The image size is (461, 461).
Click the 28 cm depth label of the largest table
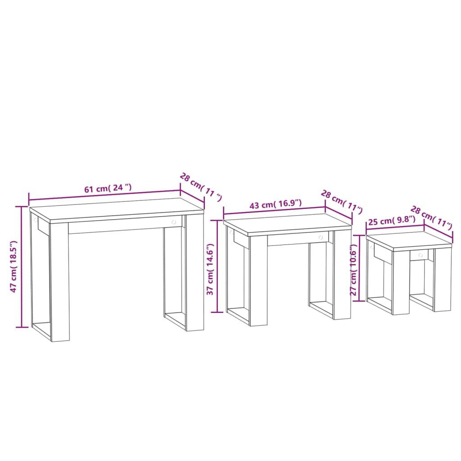click(200, 186)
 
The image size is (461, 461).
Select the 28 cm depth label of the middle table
click(342, 201)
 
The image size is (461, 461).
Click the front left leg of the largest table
click(59, 281)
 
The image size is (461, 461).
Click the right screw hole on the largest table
click(174, 222)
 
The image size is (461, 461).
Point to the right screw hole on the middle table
click(321, 237)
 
